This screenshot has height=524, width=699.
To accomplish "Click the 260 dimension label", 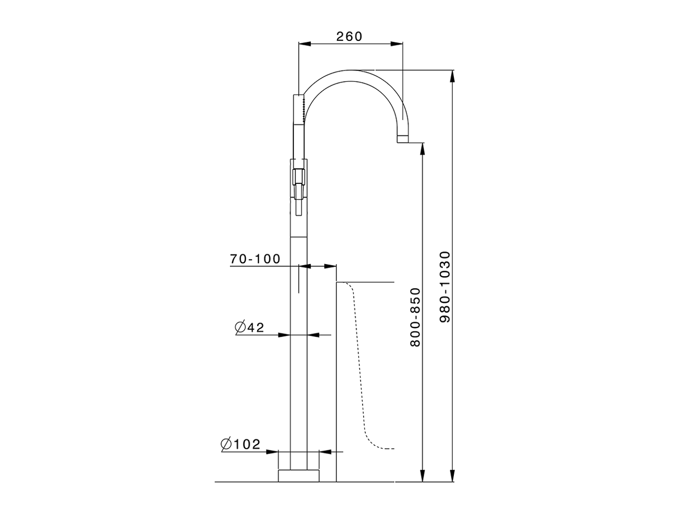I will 349,37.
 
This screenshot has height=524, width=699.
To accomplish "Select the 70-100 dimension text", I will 255,259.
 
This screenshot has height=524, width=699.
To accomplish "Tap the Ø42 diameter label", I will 249,327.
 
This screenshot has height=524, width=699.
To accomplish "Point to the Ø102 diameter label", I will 241,444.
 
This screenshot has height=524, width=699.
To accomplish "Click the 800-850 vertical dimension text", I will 415,317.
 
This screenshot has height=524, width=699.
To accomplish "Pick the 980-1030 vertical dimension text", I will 445,287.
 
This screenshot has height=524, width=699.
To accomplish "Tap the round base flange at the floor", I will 298,475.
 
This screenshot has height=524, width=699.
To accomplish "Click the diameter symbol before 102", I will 227,444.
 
